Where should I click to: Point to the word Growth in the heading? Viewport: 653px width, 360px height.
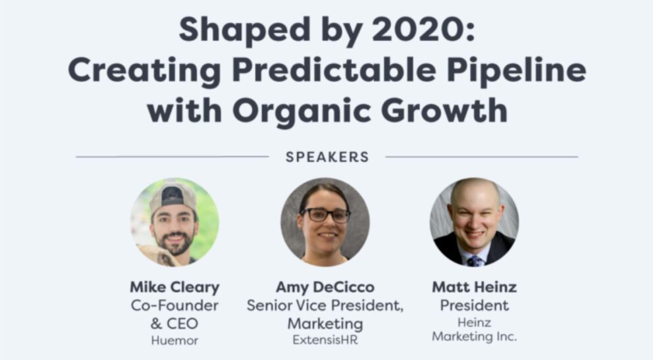tap(448, 109)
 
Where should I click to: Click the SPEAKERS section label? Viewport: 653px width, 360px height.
tap(327, 157)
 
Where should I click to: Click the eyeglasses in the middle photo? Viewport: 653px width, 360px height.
tap(325, 215)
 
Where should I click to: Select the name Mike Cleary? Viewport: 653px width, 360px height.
tap(174, 288)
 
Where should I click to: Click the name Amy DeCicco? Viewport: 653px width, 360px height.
tap(325, 288)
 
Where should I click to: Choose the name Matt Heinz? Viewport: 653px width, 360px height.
tap(474, 288)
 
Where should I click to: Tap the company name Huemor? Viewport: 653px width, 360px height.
tap(174, 341)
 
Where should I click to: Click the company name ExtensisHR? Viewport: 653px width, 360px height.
tap(325, 341)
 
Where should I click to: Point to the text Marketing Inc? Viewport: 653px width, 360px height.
tap(474, 337)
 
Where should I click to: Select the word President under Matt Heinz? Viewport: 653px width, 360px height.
tap(474, 305)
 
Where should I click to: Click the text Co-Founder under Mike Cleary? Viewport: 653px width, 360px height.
tap(174, 305)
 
